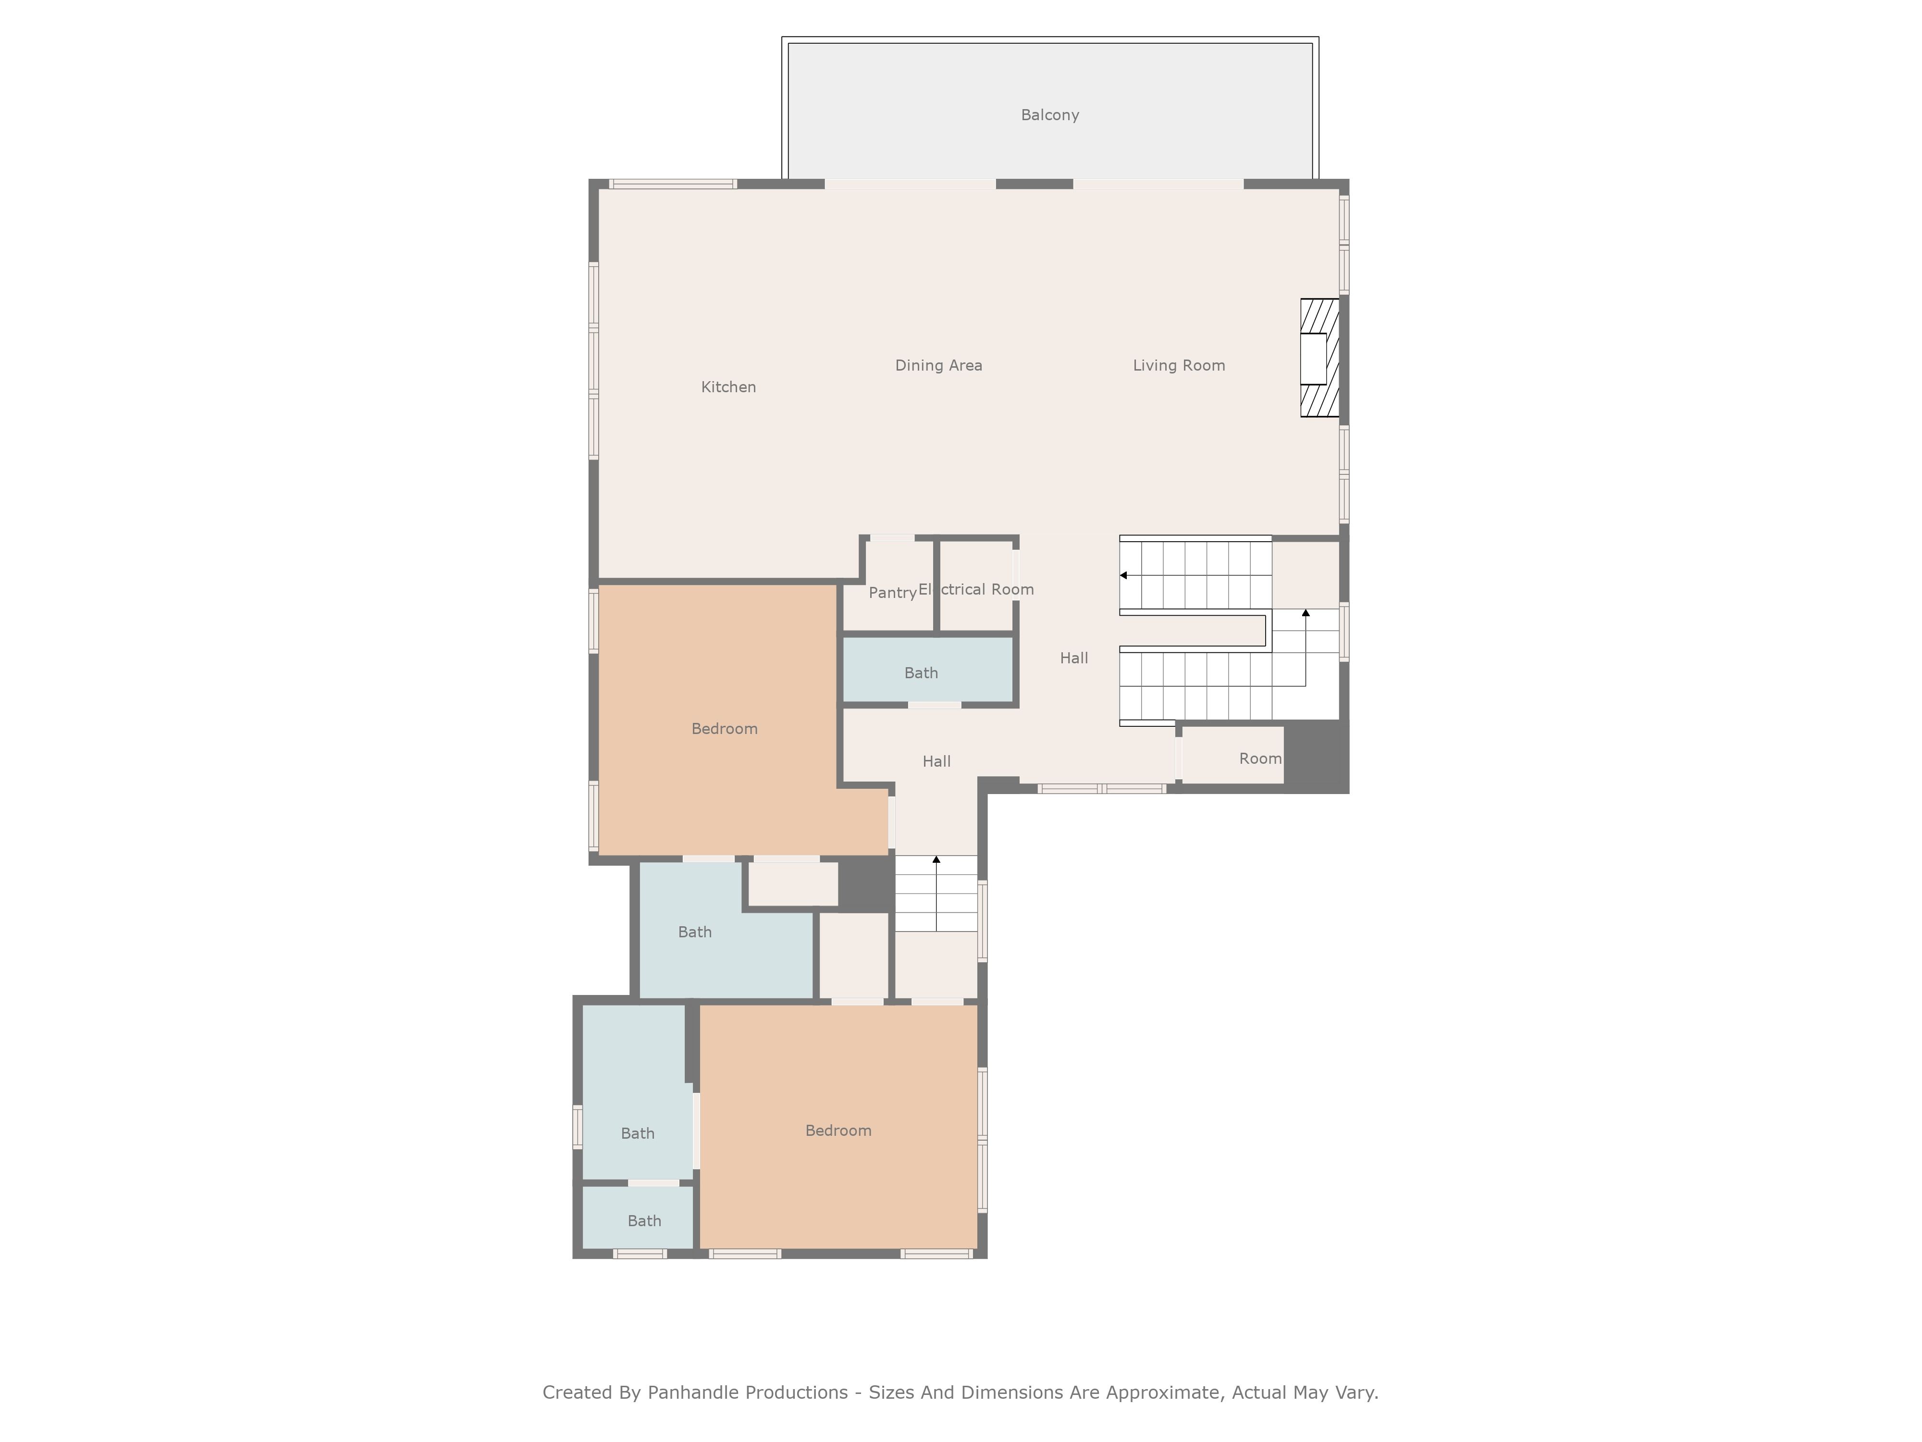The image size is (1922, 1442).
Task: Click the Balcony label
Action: click(1049, 115)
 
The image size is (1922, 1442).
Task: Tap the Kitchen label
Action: click(728, 387)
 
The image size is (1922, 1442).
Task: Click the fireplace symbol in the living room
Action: click(1319, 358)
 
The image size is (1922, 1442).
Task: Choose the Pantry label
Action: click(892, 593)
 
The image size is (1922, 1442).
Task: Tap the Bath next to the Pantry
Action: click(928, 670)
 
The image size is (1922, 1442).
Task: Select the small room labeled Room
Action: click(1232, 755)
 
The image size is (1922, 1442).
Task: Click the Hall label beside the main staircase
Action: click(1074, 658)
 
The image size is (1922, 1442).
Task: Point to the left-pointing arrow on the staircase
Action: click(1123, 575)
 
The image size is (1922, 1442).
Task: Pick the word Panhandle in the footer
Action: click(747, 1392)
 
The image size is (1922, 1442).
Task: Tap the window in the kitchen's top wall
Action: click(673, 184)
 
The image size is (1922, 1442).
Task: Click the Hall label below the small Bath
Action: click(936, 761)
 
